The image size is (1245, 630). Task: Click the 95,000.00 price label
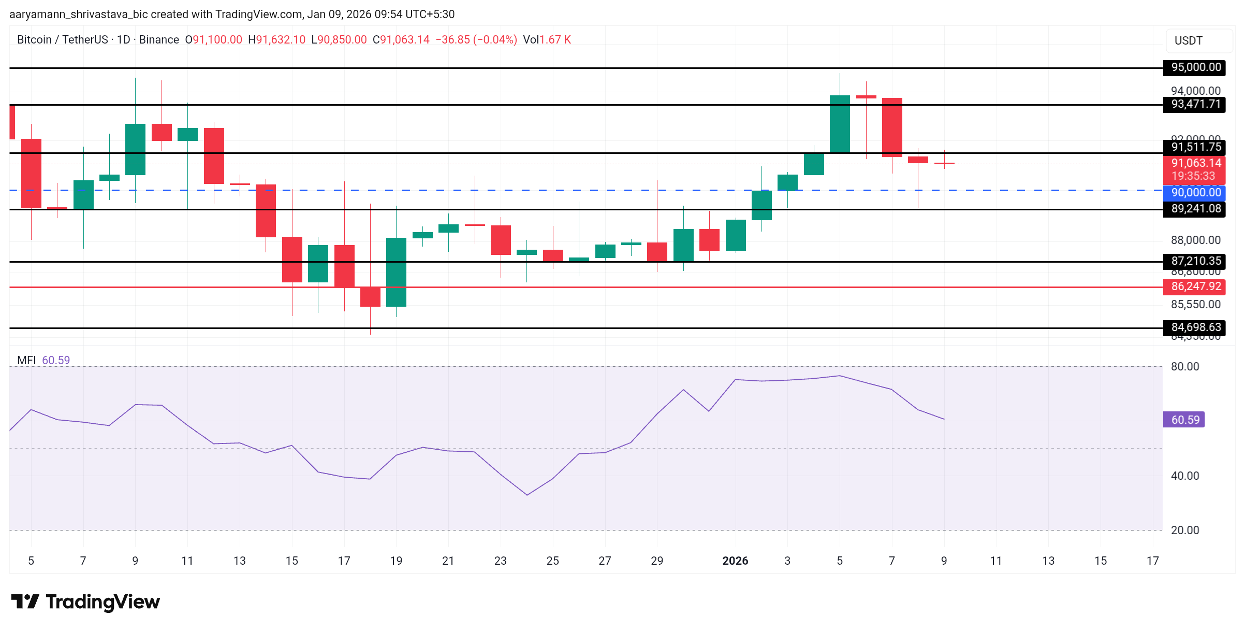tap(1195, 67)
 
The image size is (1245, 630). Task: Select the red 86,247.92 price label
tap(1195, 287)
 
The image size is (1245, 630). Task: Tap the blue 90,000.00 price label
tap(1195, 193)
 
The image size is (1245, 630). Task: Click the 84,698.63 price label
tap(1195, 327)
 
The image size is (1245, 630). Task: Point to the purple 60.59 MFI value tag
tap(1184, 420)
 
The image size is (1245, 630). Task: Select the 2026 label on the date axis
tap(735, 561)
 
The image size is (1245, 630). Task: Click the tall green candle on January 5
tap(840, 124)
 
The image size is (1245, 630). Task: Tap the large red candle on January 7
tap(892, 127)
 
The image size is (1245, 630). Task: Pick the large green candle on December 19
tap(396, 272)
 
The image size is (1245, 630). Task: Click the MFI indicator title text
tap(26, 360)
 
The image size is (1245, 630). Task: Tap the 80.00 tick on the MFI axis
tap(1184, 367)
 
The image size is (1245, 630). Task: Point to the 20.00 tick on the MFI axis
tap(1184, 530)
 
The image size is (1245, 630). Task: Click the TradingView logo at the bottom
tap(85, 602)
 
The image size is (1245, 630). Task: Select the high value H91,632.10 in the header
tap(277, 40)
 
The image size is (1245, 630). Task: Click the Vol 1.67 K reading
tap(547, 40)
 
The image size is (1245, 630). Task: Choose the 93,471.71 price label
tap(1195, 104)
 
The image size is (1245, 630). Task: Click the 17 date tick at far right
tap(1152, 561)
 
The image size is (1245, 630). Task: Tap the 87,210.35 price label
tap(1195, 261)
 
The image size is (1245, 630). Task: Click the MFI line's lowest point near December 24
tap(527, 495)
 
